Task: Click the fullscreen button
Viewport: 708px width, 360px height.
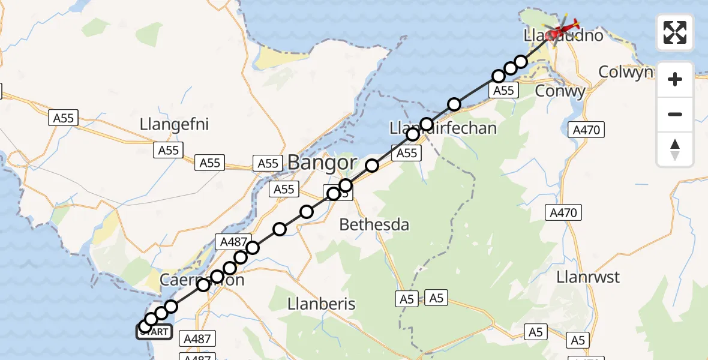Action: click(675, 32)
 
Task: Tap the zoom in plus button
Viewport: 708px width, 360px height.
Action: click(675, 79)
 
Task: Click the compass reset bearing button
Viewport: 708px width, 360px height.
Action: click(675, 149)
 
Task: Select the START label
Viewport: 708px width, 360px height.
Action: click(155, 332)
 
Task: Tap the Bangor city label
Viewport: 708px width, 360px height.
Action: click(322, 162)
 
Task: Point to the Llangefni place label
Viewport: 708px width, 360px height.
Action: click(174, 124)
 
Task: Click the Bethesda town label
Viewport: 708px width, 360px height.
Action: click(374, 225)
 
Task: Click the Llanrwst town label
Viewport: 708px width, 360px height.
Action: click(588, 277)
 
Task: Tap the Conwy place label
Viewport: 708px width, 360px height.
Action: click(560, 92)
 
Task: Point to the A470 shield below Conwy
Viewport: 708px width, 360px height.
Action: click(587, 130)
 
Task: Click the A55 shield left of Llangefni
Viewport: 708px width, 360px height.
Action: click(63, 118)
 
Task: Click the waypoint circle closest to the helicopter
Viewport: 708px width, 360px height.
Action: click(521, 62)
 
